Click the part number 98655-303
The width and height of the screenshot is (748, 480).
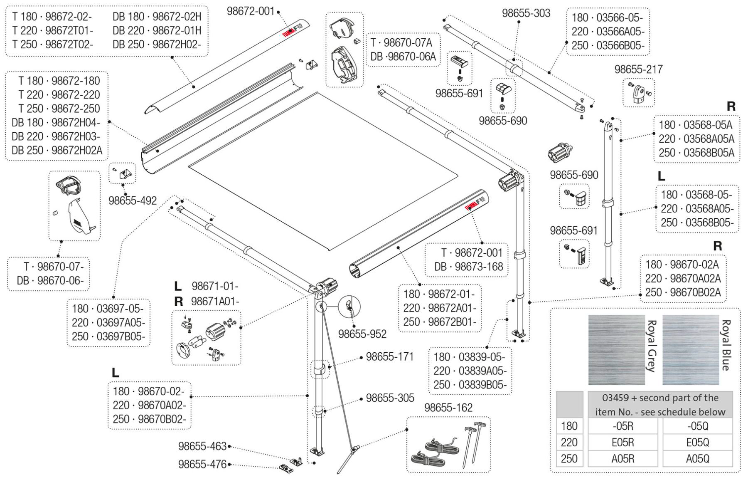click(x=526, y=13)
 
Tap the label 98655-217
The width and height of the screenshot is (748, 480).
click(x=638, y=69)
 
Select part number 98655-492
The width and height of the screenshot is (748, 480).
click(x=133, y=200)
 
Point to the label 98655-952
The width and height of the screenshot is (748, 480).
click(x=362, y=334)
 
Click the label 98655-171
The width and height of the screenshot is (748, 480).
click(x=389, y=357)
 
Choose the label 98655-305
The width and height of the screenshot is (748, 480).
click(x=390, y=398)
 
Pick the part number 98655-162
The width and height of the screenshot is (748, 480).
click(x=448, y=408)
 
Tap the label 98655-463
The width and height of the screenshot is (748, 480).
click(x=202, y=446)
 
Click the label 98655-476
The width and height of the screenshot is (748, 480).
click(x=202, y=464)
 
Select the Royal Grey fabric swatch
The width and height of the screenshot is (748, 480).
click(x=616, y=349)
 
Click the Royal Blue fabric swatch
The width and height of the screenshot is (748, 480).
click(x=690, y=349)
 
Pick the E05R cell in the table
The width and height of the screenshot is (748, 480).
click(x=623, y=442)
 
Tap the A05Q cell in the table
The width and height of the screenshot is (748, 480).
click(x=697, y=459)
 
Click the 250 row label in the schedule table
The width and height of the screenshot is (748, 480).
click(x=569, y=459)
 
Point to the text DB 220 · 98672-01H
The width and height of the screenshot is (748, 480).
click(x=157, y=30)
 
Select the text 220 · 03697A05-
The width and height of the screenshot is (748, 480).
click(x=108, y=323)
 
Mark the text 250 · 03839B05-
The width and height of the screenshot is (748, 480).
click(x=470, y=385)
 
